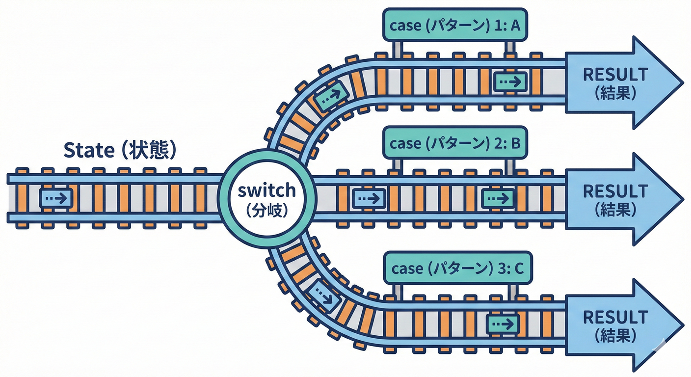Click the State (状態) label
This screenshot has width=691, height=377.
(120, 151)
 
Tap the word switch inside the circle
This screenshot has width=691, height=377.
(267, 190)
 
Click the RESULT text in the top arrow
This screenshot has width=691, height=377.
(615, 74)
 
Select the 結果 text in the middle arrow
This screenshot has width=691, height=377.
(615, 210)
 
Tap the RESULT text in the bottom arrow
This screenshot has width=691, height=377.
(615, 317)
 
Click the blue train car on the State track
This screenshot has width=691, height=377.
(56, 198)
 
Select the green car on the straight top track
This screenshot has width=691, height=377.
(510, 81)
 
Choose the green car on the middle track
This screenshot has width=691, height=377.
(498, 198)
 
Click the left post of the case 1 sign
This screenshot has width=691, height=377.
(398, 48)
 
